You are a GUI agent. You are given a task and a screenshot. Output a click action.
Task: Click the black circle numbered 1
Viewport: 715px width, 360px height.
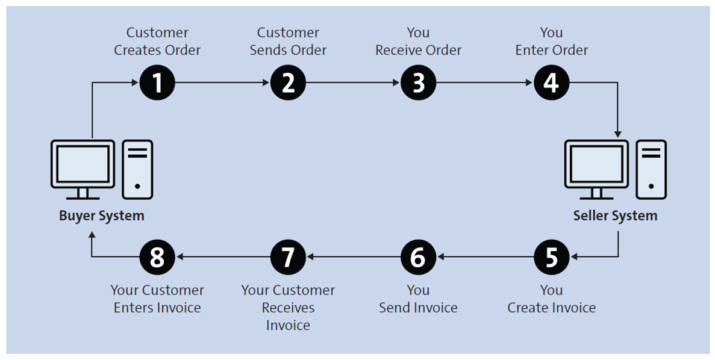coord(157,83)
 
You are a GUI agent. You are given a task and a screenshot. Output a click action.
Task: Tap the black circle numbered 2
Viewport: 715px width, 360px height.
coord(288,83)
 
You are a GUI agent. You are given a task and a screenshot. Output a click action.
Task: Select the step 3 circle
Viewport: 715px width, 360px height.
coord(418,83)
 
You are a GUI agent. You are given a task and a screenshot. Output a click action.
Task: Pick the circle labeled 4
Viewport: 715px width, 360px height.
coord(551,83)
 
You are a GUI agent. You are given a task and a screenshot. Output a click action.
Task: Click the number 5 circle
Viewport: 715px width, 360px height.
coord(551,257)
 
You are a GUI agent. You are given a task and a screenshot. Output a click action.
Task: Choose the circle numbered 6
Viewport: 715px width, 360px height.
coord(418,257)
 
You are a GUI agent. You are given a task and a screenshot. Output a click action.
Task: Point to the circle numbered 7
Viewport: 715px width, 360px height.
coord(288,257)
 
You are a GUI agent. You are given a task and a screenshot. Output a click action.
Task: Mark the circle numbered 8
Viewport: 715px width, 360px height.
coord(157,257)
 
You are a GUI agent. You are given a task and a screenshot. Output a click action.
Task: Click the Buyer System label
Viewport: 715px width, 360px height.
coord(101,216)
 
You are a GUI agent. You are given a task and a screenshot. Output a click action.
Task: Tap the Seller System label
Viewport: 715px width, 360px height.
coord(615,216)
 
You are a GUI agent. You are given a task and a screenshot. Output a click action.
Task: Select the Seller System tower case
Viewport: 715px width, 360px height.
coord(651,169)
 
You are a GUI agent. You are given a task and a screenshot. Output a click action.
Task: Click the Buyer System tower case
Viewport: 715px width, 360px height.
coord(137,169)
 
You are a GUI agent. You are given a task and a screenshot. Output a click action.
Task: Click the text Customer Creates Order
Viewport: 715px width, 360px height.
coord(157,41)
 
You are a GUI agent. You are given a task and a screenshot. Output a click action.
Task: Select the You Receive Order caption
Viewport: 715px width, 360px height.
coord(418,41)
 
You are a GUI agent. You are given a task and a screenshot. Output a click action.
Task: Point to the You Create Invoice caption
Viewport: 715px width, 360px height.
coord(551,299)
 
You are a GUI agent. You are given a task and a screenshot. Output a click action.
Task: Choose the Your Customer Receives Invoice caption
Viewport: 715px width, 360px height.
coord(288,307)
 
